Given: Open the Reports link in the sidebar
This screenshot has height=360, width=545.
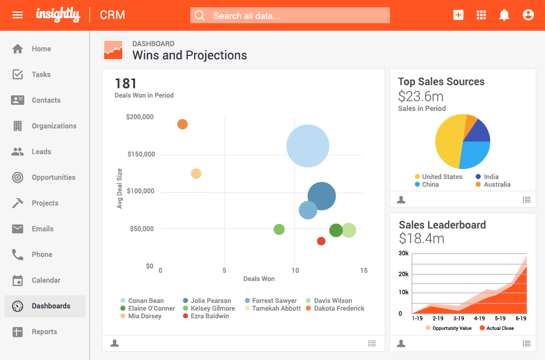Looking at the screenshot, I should (44, 331).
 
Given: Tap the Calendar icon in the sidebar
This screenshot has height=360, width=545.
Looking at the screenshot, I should (18, 280).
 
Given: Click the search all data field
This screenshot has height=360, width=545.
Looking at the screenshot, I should (290, 15).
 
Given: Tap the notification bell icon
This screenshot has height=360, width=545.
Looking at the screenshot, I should (504, 15).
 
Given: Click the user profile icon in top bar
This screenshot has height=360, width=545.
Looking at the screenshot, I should (528, 15).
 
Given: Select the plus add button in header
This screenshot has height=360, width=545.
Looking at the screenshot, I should (458, 15).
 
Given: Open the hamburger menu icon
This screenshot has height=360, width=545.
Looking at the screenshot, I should (18, 15).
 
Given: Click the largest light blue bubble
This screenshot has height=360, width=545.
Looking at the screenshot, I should (308, 146).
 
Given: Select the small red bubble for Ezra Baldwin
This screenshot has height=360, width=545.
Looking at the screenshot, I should (321, 241).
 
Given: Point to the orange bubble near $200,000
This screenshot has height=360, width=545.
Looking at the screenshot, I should (183, 125).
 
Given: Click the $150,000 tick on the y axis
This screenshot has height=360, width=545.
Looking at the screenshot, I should (141, 154).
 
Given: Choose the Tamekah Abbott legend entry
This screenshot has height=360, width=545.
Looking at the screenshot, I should (276, 308).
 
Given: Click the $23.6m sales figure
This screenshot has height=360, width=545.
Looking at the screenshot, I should (421, 97).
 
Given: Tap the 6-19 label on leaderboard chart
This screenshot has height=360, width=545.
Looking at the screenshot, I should (520, 318).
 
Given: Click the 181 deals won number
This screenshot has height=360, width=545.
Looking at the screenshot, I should (126, 83).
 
